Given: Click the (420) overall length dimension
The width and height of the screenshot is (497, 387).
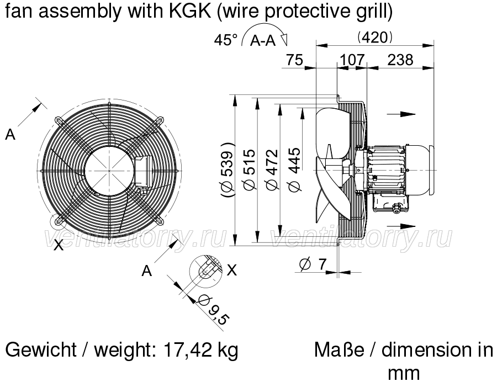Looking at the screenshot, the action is coord(374,38).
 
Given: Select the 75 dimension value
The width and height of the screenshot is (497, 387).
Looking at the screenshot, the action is coord(294,60).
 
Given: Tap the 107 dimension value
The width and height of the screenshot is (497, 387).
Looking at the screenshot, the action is coord(352,60).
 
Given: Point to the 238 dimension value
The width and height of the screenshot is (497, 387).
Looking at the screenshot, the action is coord(400,60).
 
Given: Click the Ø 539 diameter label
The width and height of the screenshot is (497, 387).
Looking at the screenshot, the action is coord(228,169).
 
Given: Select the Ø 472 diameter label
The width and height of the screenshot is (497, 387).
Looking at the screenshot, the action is coord(272,170).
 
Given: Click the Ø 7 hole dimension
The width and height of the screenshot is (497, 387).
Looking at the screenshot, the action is coord(313,264).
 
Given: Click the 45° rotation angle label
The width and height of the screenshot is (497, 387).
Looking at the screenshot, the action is coord(225,40).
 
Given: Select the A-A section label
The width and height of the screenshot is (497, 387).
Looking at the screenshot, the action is coord(263,40).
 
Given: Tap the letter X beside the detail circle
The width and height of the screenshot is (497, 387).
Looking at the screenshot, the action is coord(232,271).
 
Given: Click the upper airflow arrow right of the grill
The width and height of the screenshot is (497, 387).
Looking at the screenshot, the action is coord(401,114).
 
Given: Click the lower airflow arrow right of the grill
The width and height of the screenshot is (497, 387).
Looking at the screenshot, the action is coord(401,226).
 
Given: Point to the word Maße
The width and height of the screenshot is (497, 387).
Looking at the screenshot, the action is coord(339,350).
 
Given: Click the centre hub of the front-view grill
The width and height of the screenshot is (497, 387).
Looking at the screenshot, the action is coord(109,171).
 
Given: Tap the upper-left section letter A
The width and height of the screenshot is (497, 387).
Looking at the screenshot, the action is coord(10,135).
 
